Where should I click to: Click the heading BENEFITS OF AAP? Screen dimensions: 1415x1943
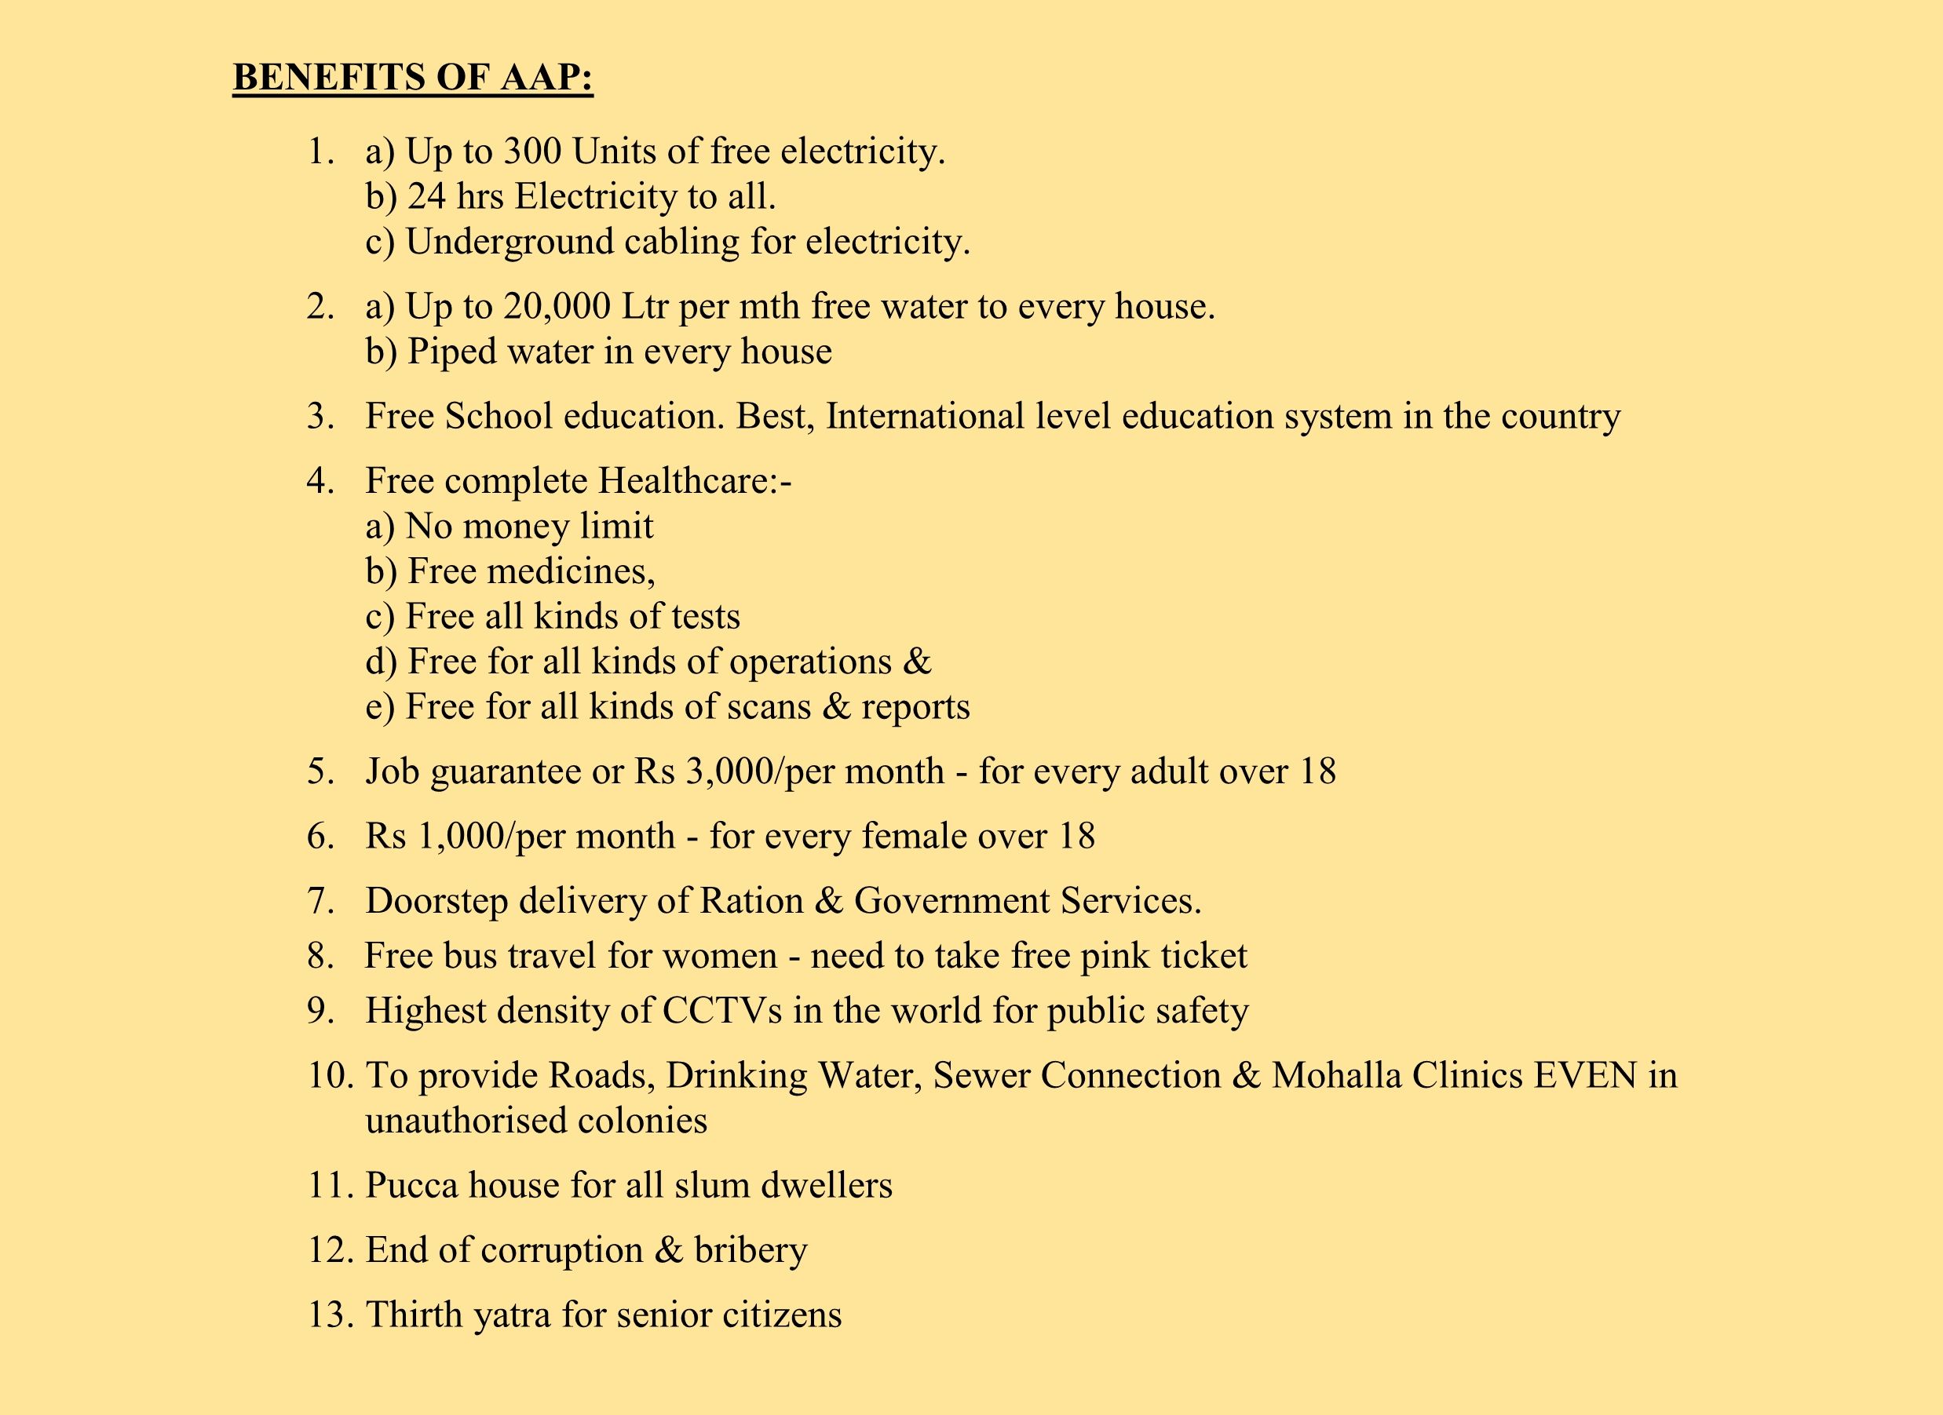(x=413, y=77)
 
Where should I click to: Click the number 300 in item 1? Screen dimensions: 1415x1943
(x=532, y=151)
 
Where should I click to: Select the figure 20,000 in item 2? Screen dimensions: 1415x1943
(x=557, y=307)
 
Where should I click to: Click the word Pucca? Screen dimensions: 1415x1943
(x=411, y=1186)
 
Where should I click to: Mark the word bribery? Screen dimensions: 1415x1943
(x=751, y=1250)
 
